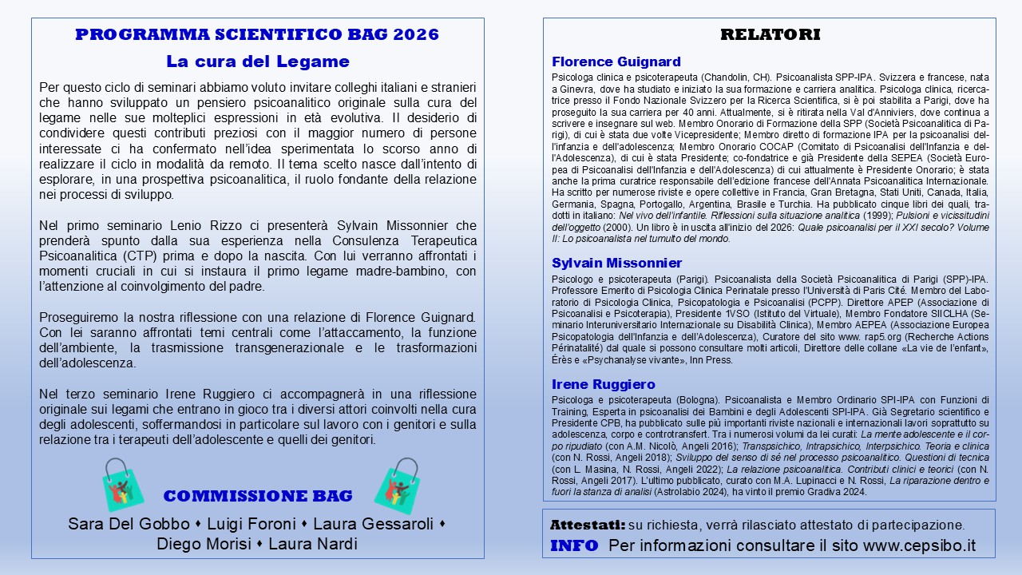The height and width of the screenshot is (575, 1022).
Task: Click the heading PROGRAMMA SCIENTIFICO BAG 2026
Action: [x=257, y=34]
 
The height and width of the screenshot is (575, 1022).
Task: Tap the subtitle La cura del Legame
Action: [x=257, y=61]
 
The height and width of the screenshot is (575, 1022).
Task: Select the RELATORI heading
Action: [x=770, y=34]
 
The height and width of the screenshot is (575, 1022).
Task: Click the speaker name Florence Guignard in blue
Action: [x=616, y=61]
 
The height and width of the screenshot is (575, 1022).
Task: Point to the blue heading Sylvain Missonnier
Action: [x=616, y=263]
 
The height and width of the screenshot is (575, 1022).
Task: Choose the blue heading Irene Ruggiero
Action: [x=603, y=384]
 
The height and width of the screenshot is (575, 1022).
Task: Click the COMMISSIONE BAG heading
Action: [x=258, y=496]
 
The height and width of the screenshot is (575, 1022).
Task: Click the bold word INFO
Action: [x=574, y=545]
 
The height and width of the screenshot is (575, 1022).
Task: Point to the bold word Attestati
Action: [x=587, y=525]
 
